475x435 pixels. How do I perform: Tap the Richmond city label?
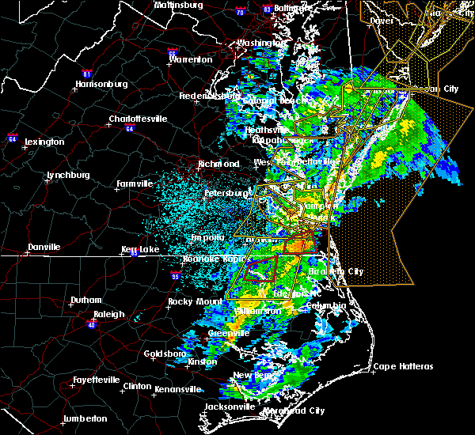[218, 165]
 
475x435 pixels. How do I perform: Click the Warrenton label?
[191, 59]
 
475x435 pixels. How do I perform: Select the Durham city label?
[85, 300]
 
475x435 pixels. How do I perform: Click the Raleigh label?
[108, 314]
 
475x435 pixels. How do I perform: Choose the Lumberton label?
[85, 418]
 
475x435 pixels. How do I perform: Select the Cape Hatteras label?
[403, 366]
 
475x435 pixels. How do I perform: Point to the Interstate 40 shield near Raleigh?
[92, 324]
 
